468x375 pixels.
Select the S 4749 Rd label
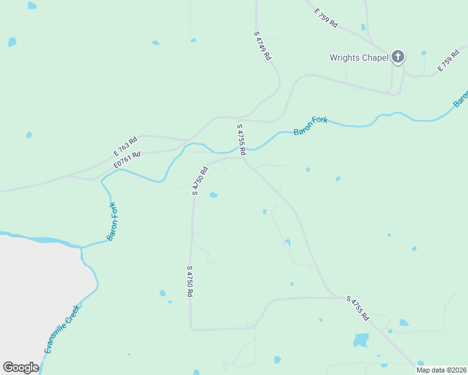pyautogui.click(x=263, y=45)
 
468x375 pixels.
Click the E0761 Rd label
pyautogui.click(x=127, y=159)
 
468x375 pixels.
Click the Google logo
pyautogui.click(x=21, y=367)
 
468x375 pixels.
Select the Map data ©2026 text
pyautogui.click(x=441, y=370)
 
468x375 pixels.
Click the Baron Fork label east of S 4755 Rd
pyautogui.click(x=310, y=126)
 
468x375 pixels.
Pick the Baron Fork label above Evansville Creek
pyautogui.click(x=112, y=221)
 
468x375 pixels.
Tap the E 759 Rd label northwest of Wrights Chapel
pyautogui.click(x=326, y=17)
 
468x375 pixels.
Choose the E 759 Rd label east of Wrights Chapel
pyautogui.click(x=449, y=59)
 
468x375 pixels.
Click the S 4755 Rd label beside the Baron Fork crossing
pyautogui.click(x=241, y=138)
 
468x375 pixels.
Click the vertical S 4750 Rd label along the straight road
pyautogui.click(x=189, y=281)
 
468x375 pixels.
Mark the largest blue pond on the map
pyautogui.click(x=361, y=340)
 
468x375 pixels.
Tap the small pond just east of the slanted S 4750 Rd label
pyautogui.click(x=213, y=195)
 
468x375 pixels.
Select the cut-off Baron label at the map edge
pyautogui.click(x=462, y=99)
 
